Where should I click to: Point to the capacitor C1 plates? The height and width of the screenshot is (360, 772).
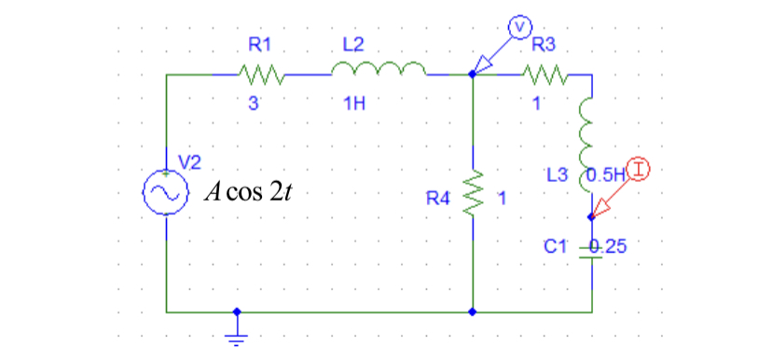point(591,253)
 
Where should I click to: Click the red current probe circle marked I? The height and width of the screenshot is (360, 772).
point(638,169)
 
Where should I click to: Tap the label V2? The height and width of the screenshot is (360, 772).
point(189,160)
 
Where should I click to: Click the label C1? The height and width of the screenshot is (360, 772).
point(555,246)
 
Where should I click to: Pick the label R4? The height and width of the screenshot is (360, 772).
point(437,198)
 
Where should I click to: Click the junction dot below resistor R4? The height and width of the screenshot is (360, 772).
point(474,312)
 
